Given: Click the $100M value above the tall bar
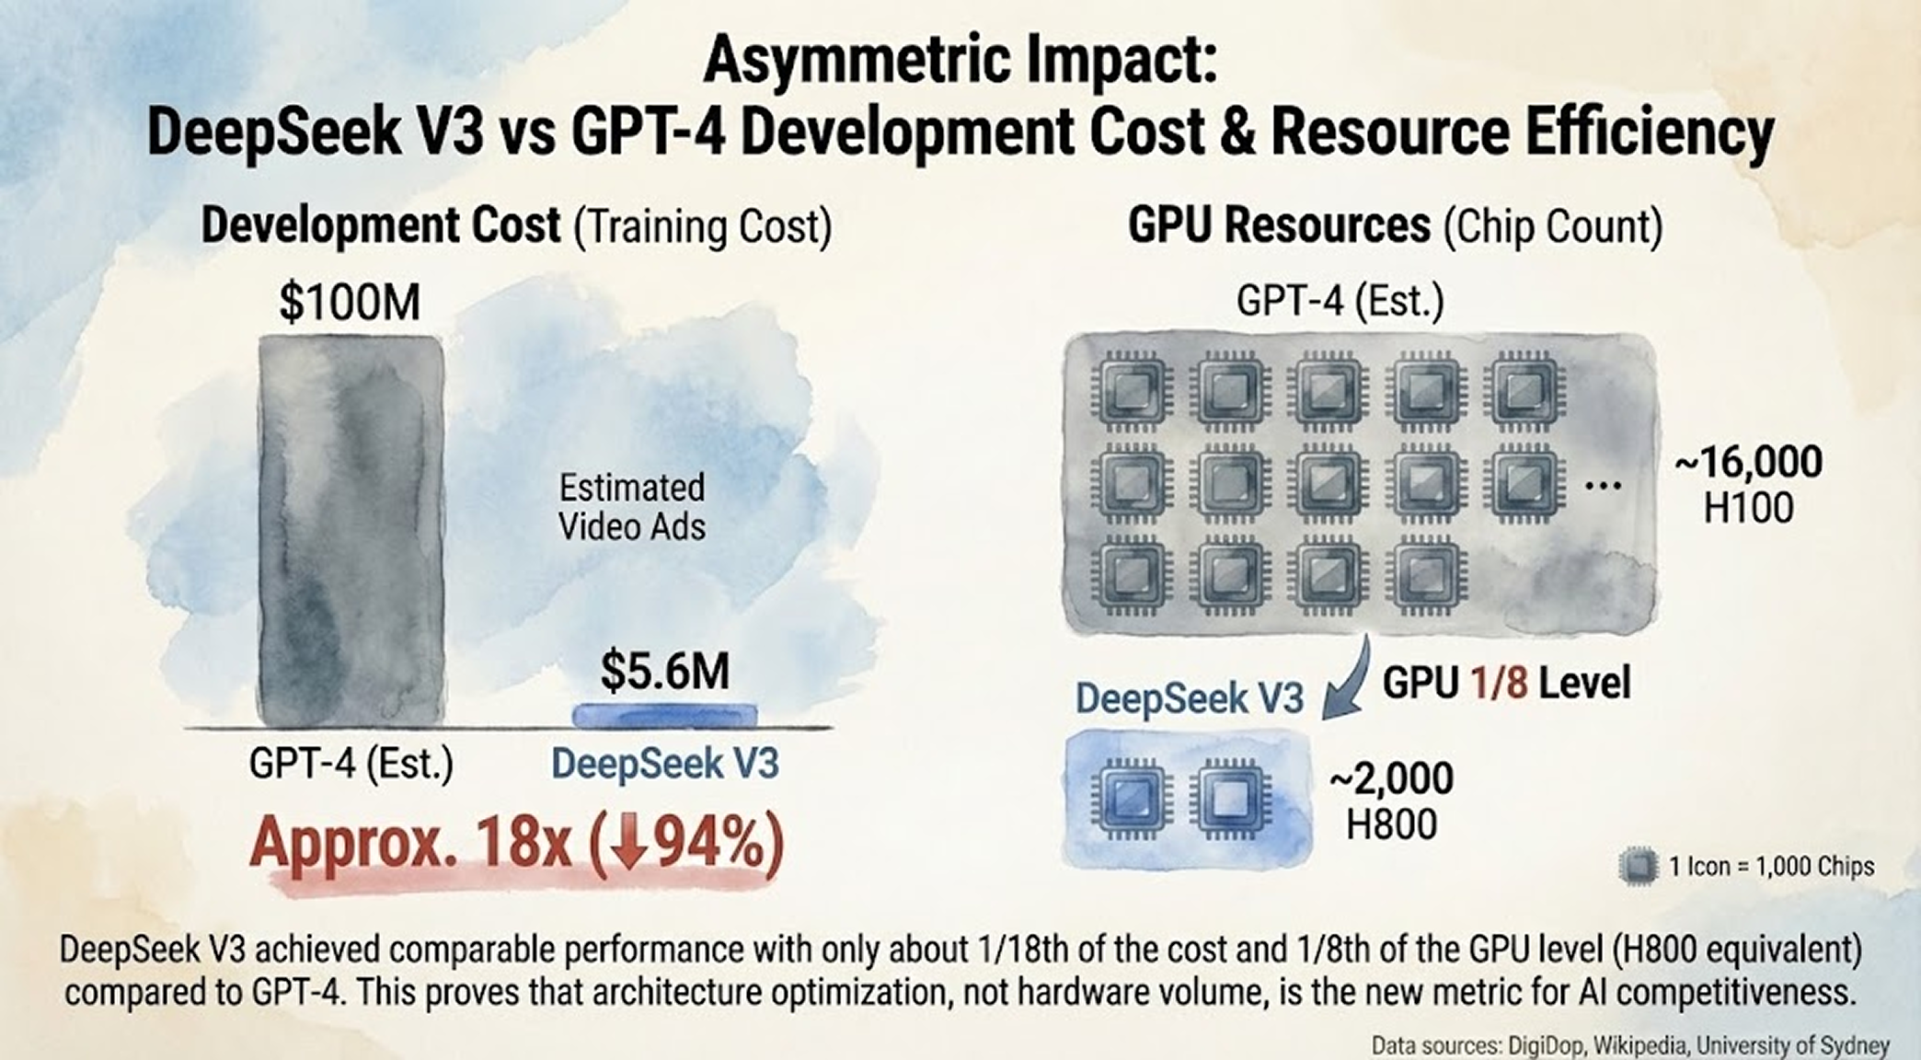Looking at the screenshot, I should coord(350,303).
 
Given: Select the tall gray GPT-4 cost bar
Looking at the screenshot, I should coord(351,531).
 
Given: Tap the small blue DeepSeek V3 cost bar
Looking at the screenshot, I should coord(664,715).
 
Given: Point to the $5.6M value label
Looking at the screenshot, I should coord(664,671).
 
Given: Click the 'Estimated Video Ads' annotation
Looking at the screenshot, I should coord(632,507).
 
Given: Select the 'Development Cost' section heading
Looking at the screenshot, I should coord(381,225).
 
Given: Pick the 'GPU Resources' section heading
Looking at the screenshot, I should coord(1279,225).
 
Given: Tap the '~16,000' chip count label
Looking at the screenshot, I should coord(1748,462).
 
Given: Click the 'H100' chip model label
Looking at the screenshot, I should coord(1748,508).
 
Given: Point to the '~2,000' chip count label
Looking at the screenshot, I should coord(1391,778).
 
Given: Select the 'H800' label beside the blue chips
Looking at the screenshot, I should coord(1391,824).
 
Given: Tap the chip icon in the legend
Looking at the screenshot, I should coord(1638,866).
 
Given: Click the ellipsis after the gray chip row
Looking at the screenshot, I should coord(1603,485).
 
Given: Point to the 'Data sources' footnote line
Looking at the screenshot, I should coord(1629,1045).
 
